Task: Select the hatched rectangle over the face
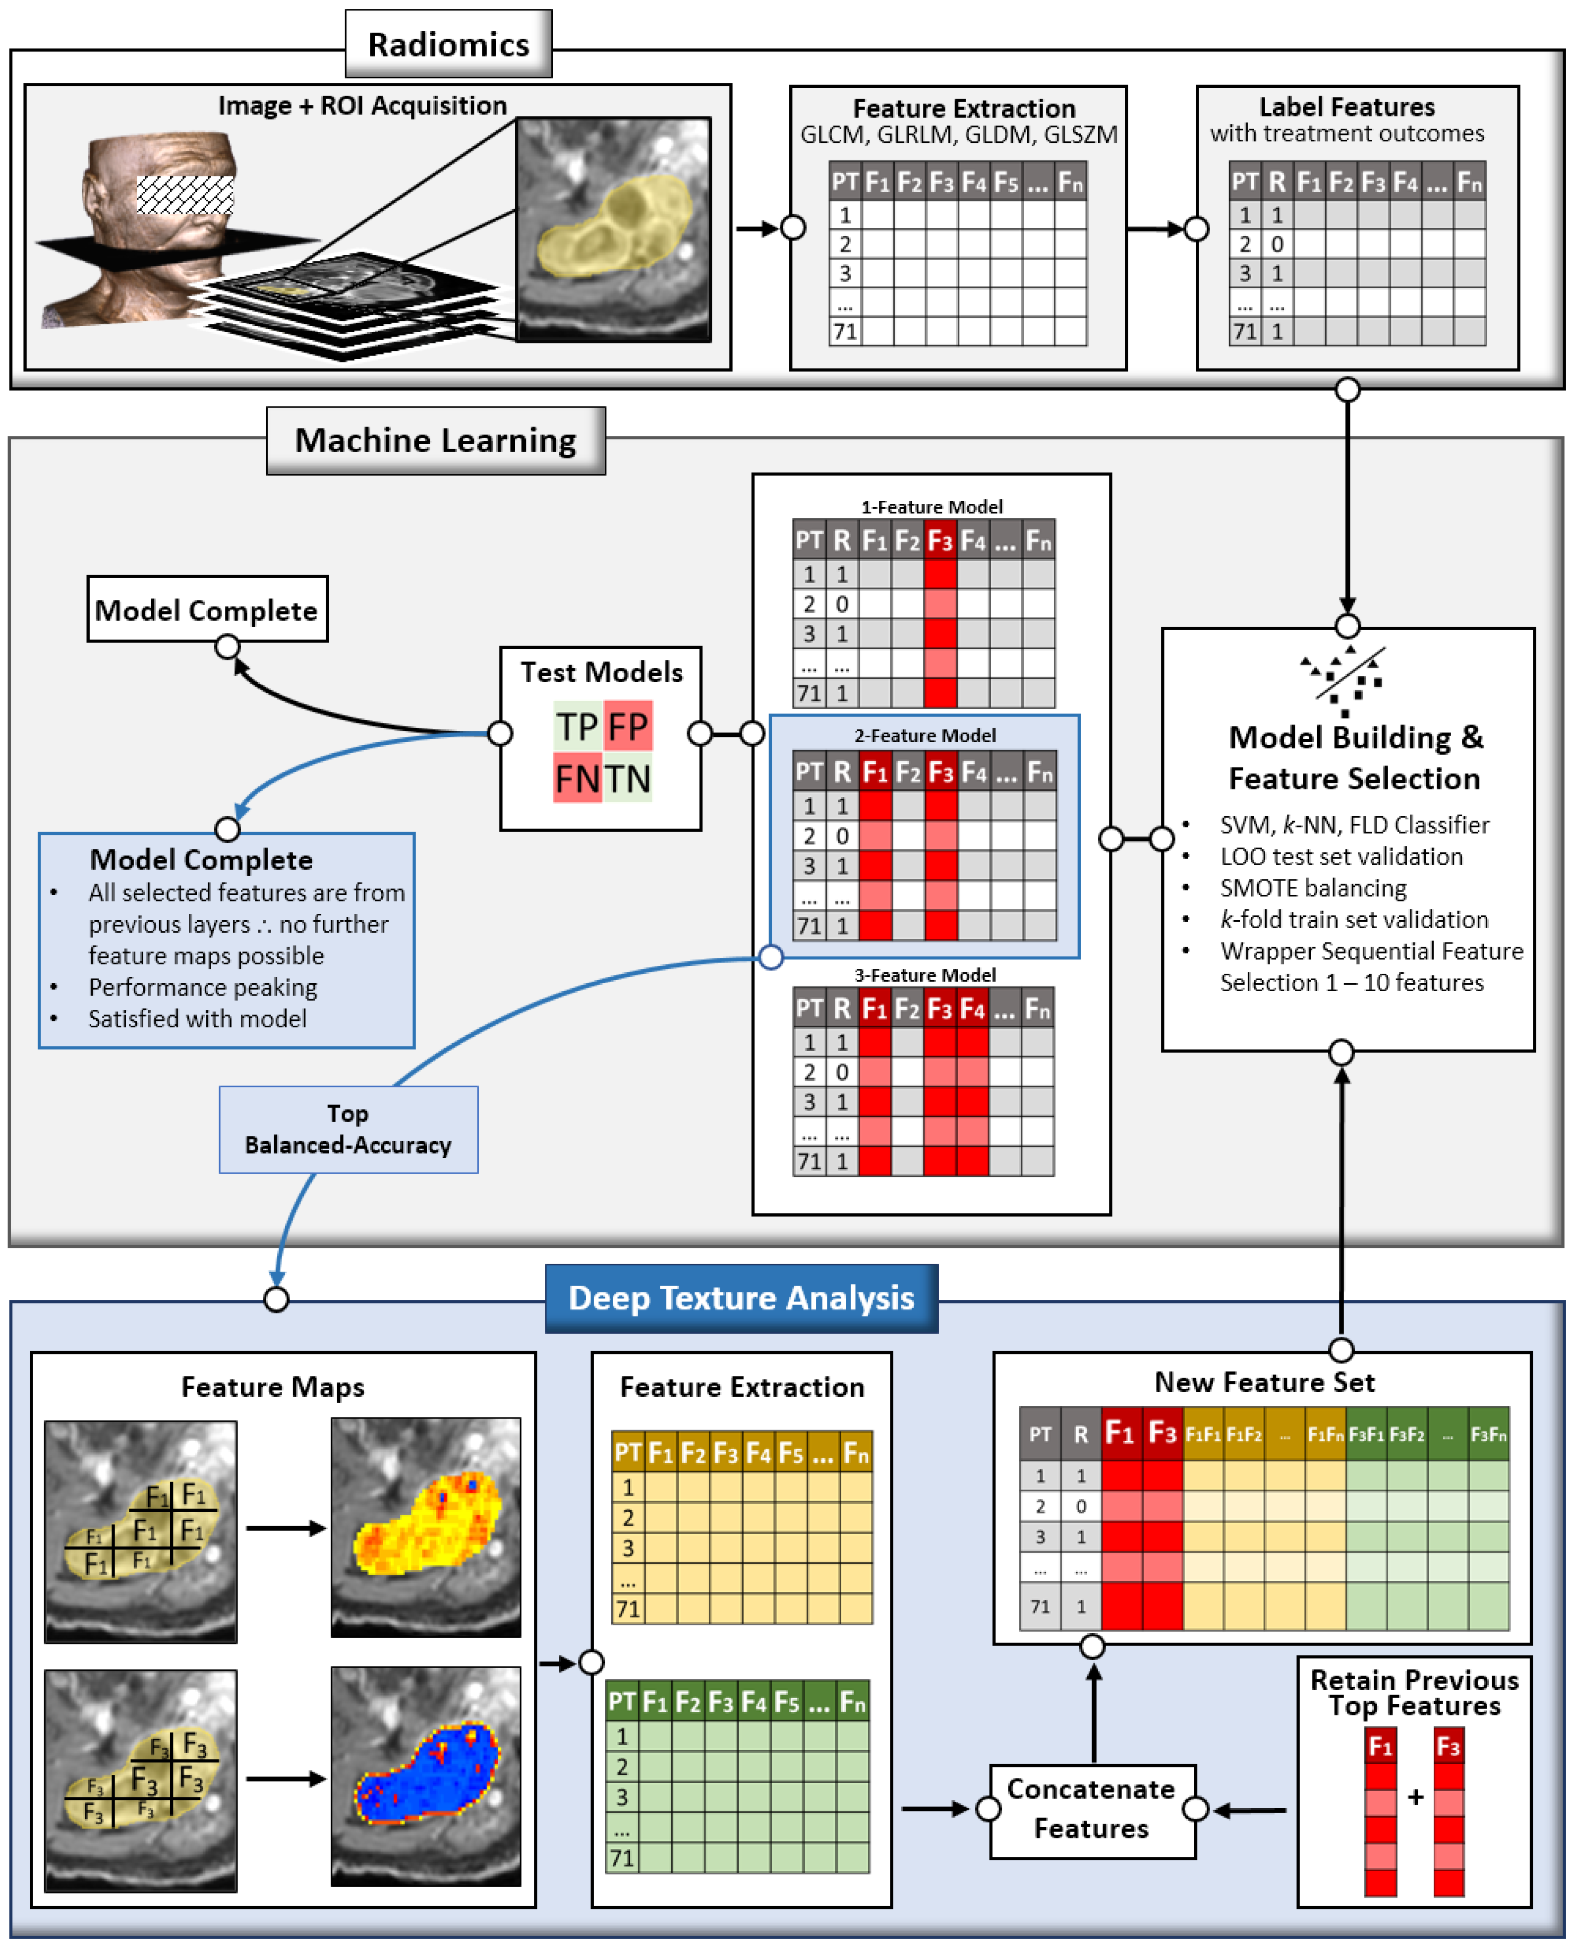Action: tap(185, 195)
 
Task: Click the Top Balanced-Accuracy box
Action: tap(349, 1129)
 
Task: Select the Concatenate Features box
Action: tap(1091, 1809)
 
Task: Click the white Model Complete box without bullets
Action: tap(207, 610)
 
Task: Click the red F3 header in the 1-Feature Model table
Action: tap(940, 541)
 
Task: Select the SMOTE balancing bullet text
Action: tap(1313, 888)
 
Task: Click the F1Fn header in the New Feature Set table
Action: tap(1325, 1434)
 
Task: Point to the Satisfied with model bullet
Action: tap(197, 1019)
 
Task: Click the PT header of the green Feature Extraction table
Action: tap(622, 1702)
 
